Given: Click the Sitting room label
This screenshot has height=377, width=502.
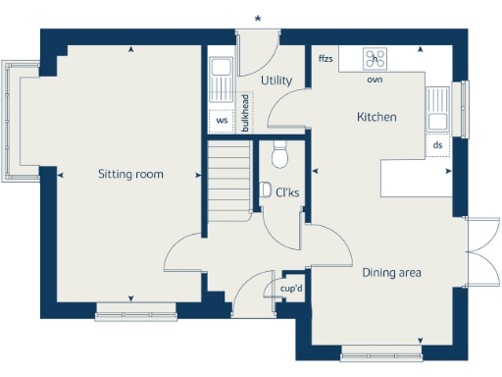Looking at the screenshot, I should point(130,175).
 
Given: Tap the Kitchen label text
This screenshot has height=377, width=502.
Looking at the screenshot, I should point(376,117).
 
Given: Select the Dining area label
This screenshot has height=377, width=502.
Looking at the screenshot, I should point(391,272).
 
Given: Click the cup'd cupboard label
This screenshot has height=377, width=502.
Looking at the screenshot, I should point(290,289).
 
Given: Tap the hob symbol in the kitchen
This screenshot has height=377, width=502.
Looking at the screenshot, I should point(375,58).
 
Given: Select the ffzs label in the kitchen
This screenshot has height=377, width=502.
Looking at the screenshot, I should point(326,59).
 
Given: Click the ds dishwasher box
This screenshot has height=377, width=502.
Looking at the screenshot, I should point(437,144).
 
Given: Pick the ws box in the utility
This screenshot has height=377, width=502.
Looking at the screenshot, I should point(222,121).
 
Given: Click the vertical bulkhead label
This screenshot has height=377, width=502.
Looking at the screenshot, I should point(245,112).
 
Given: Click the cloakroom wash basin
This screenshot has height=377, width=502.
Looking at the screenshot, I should point(265,189).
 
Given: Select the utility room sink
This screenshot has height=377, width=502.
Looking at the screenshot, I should point(221,69).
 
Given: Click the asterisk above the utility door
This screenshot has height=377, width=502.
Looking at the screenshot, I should point(258,18).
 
